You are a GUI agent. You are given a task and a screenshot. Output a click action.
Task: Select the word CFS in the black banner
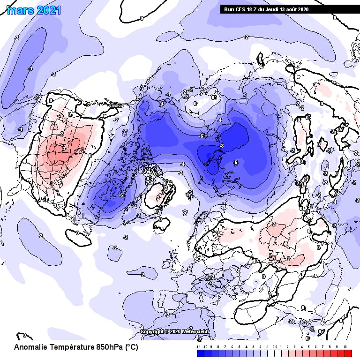[240, 9]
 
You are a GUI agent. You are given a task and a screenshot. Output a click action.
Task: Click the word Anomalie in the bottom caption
[31, 348]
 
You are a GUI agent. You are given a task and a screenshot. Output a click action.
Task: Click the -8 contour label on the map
[221, 147]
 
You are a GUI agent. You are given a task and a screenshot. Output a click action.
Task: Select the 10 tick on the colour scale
[345, 347]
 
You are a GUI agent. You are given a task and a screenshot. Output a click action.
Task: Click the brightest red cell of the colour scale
[347, 353]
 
